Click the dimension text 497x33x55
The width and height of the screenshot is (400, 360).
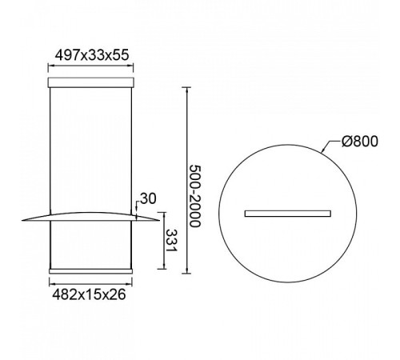(92, 55)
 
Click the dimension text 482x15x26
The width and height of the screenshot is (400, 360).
(89, 294)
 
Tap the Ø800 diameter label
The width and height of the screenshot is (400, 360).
(360, 142)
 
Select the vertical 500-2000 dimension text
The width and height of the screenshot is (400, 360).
(194, 196)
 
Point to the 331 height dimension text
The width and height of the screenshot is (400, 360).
(171, 241)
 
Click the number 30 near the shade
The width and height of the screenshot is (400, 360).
(148, 198)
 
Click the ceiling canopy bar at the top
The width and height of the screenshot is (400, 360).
(90, 82)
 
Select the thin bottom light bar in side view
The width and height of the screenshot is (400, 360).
(90, 271)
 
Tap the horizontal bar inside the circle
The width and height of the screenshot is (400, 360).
(288, 214)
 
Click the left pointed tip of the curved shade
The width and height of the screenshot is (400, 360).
(22, 220)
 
